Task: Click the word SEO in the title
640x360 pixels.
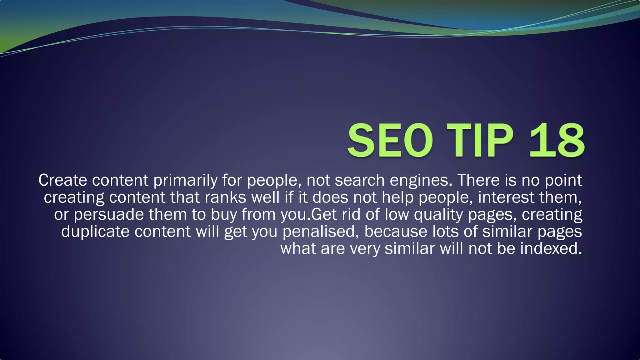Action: click(390, 140)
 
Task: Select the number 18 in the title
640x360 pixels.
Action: click(556, 140)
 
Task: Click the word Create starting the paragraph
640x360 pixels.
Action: click(62, 180)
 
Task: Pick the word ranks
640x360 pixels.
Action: click(226, 198)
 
